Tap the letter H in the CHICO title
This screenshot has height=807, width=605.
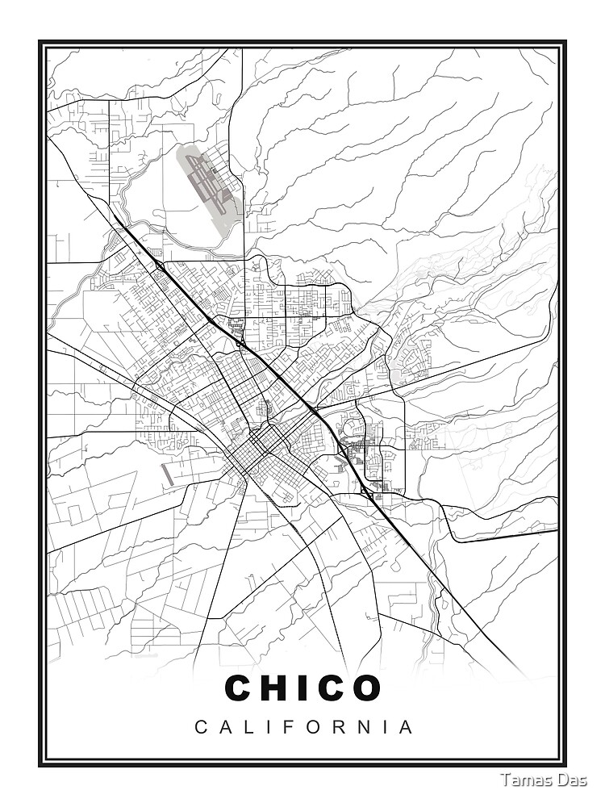(x=277, y=688)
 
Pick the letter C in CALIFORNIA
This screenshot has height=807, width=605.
(x=201, y=727)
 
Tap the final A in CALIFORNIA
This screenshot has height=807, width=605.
(x=407, y=727)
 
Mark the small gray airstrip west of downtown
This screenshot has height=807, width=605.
(x=167, y=475)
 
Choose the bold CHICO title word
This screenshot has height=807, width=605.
(x=302, y=688)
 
